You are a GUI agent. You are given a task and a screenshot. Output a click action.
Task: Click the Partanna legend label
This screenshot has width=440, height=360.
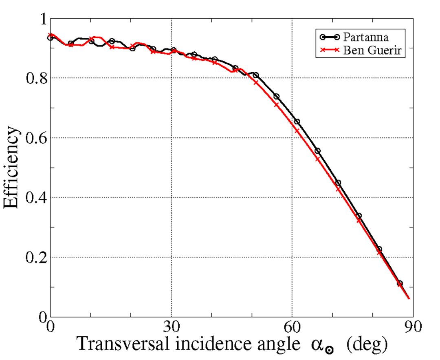[365, 37]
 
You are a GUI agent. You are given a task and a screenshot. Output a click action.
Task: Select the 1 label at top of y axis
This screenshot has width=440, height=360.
[41, 19]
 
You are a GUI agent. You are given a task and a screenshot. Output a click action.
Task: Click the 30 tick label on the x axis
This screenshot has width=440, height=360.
[171, 327]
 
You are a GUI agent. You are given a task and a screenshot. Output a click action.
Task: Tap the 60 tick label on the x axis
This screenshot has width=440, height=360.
[292, 327]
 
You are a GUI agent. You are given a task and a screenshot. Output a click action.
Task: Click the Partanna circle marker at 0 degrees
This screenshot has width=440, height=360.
[50, 38]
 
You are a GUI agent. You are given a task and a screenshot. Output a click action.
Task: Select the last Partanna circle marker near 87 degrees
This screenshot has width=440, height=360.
[400, 283]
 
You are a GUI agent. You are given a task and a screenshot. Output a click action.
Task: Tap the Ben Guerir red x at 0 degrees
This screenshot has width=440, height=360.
[51, 35]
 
